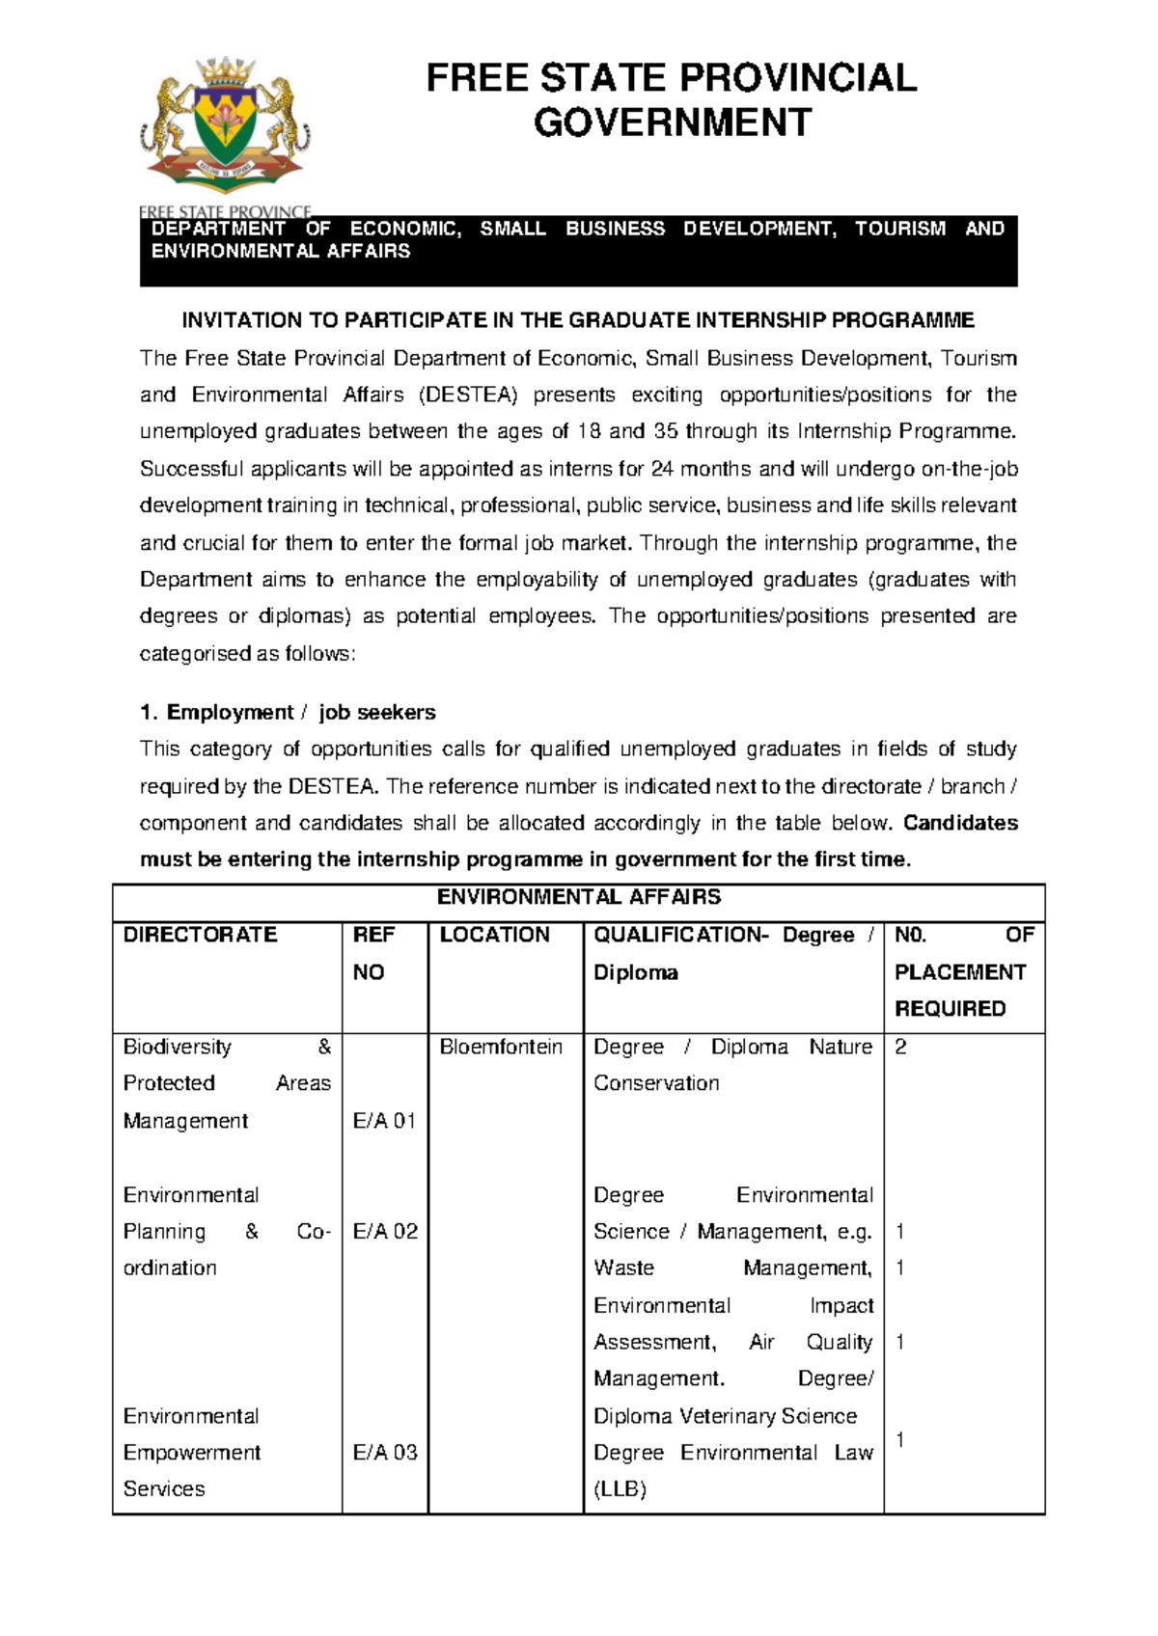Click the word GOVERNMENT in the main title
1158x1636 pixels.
click(673, 123)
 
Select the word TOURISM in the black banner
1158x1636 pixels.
click(899, 229)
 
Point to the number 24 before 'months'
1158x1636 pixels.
click(662, 469)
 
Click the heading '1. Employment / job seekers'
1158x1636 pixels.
click(288, 713)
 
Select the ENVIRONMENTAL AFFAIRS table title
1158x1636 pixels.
click(578, 897)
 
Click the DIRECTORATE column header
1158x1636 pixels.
click(200, 935)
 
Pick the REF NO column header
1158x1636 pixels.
click(372, 953)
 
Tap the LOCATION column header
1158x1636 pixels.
click(494, 935)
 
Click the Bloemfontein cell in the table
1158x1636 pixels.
click(501, 1047)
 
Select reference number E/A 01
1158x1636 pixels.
click(384, 1121)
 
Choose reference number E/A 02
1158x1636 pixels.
click(385, 1232)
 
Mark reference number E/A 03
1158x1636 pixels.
click(385, 1453)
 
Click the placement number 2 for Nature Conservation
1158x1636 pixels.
click(900, 1047)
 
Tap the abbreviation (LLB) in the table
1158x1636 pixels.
click(620, 1489)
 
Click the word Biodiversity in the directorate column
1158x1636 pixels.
click(178, 1047)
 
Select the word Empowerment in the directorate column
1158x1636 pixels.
click(192, 1453)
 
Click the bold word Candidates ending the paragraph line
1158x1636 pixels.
click(960, 823)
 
